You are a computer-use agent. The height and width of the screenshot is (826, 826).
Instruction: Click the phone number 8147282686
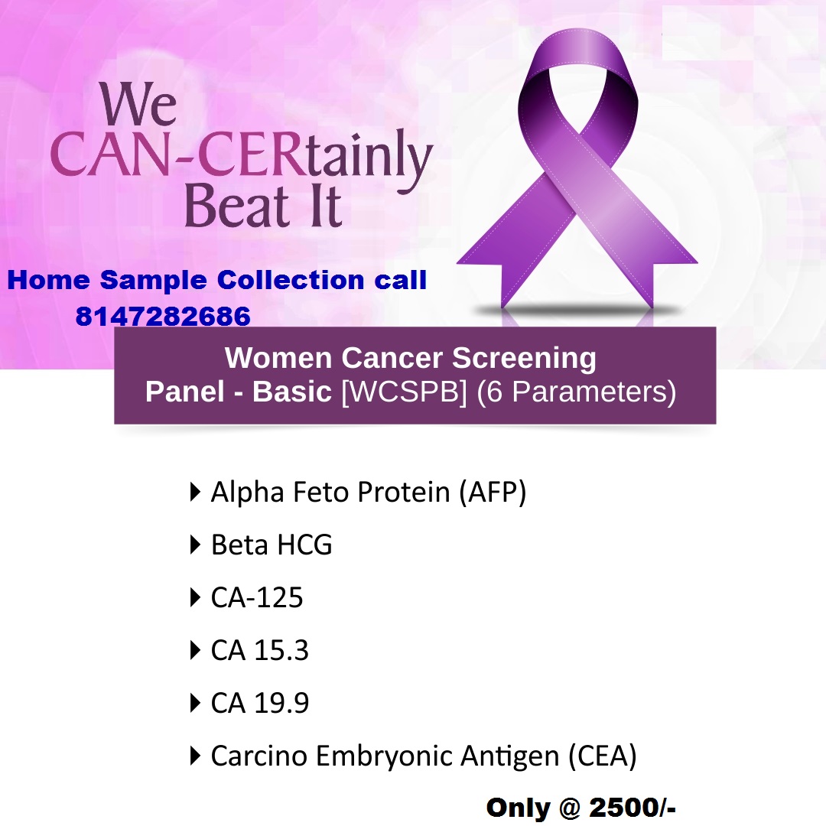[163, 316]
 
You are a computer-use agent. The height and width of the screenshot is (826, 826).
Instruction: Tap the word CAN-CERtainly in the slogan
[241, 157]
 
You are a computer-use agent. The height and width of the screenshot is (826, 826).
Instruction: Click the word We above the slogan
[138, 103]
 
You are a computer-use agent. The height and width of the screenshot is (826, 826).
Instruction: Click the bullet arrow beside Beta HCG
[195, 545]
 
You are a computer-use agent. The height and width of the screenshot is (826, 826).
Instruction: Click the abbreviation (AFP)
[493, 493]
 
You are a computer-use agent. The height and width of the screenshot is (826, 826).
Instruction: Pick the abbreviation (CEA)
[603, 756]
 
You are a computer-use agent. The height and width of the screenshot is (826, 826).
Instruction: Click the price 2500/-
[633, 808]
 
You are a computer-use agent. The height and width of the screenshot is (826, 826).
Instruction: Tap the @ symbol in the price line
[570, 808]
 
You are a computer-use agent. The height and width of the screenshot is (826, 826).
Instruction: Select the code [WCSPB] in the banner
[405, 392]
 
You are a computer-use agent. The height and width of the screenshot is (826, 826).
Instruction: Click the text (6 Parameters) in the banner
[577, 392]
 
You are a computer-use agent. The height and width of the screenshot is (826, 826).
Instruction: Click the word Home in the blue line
[48, 280]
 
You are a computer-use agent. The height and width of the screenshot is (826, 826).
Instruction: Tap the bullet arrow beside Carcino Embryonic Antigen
[195, 756]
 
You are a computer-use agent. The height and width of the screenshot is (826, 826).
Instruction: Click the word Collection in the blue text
[291, 280]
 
